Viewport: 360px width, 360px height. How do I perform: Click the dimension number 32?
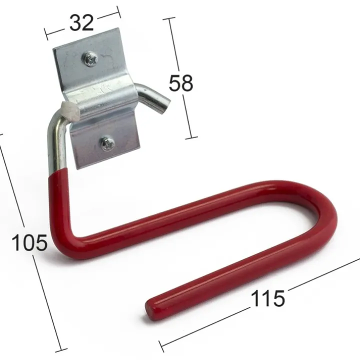[x=81, y=22]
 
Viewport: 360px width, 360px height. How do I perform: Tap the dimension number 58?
[x=180, y=83]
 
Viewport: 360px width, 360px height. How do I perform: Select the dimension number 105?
[x=29, y=242]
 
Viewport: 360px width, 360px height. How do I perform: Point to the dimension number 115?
[x=267, y=298]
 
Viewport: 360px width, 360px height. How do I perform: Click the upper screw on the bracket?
[x=89, y=59]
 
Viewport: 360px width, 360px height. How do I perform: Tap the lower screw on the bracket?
[x=107, y=143]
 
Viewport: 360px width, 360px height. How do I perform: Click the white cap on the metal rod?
[x=70, y=111]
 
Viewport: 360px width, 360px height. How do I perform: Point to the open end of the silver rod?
[x=165, y=106]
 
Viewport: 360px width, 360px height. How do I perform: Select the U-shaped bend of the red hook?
[x=321, y=213]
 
